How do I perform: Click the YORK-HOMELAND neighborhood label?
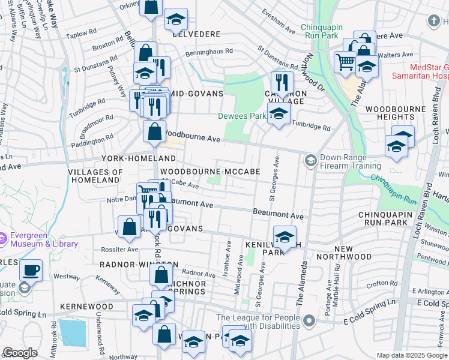[139, 158]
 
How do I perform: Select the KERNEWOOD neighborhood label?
[87, 306]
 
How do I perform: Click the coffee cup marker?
[31, 269]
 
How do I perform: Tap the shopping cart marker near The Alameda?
[345, 61]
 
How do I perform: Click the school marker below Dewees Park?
[277, 114]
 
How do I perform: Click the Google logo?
[20, 353]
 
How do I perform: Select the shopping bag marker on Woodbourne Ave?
[154, 131]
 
